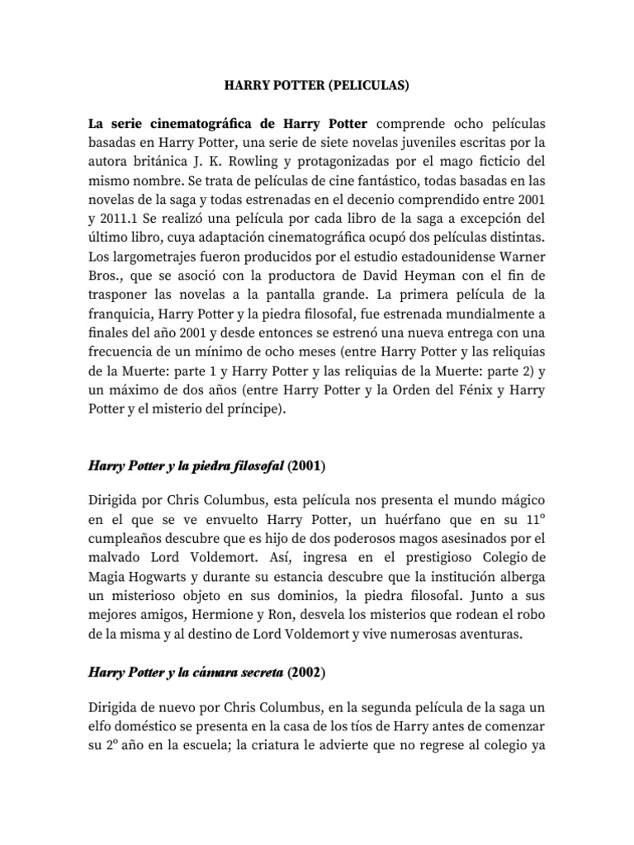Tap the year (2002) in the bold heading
point(307,673)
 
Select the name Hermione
point(234,616)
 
